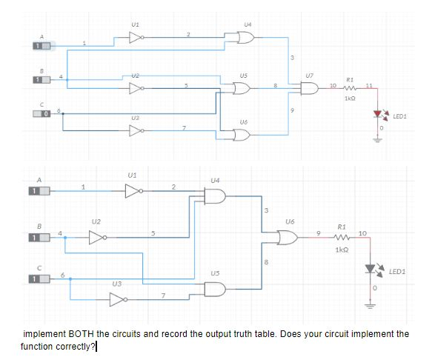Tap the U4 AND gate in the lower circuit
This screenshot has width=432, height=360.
point(214,196)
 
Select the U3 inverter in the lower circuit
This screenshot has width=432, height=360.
point(116,298)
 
